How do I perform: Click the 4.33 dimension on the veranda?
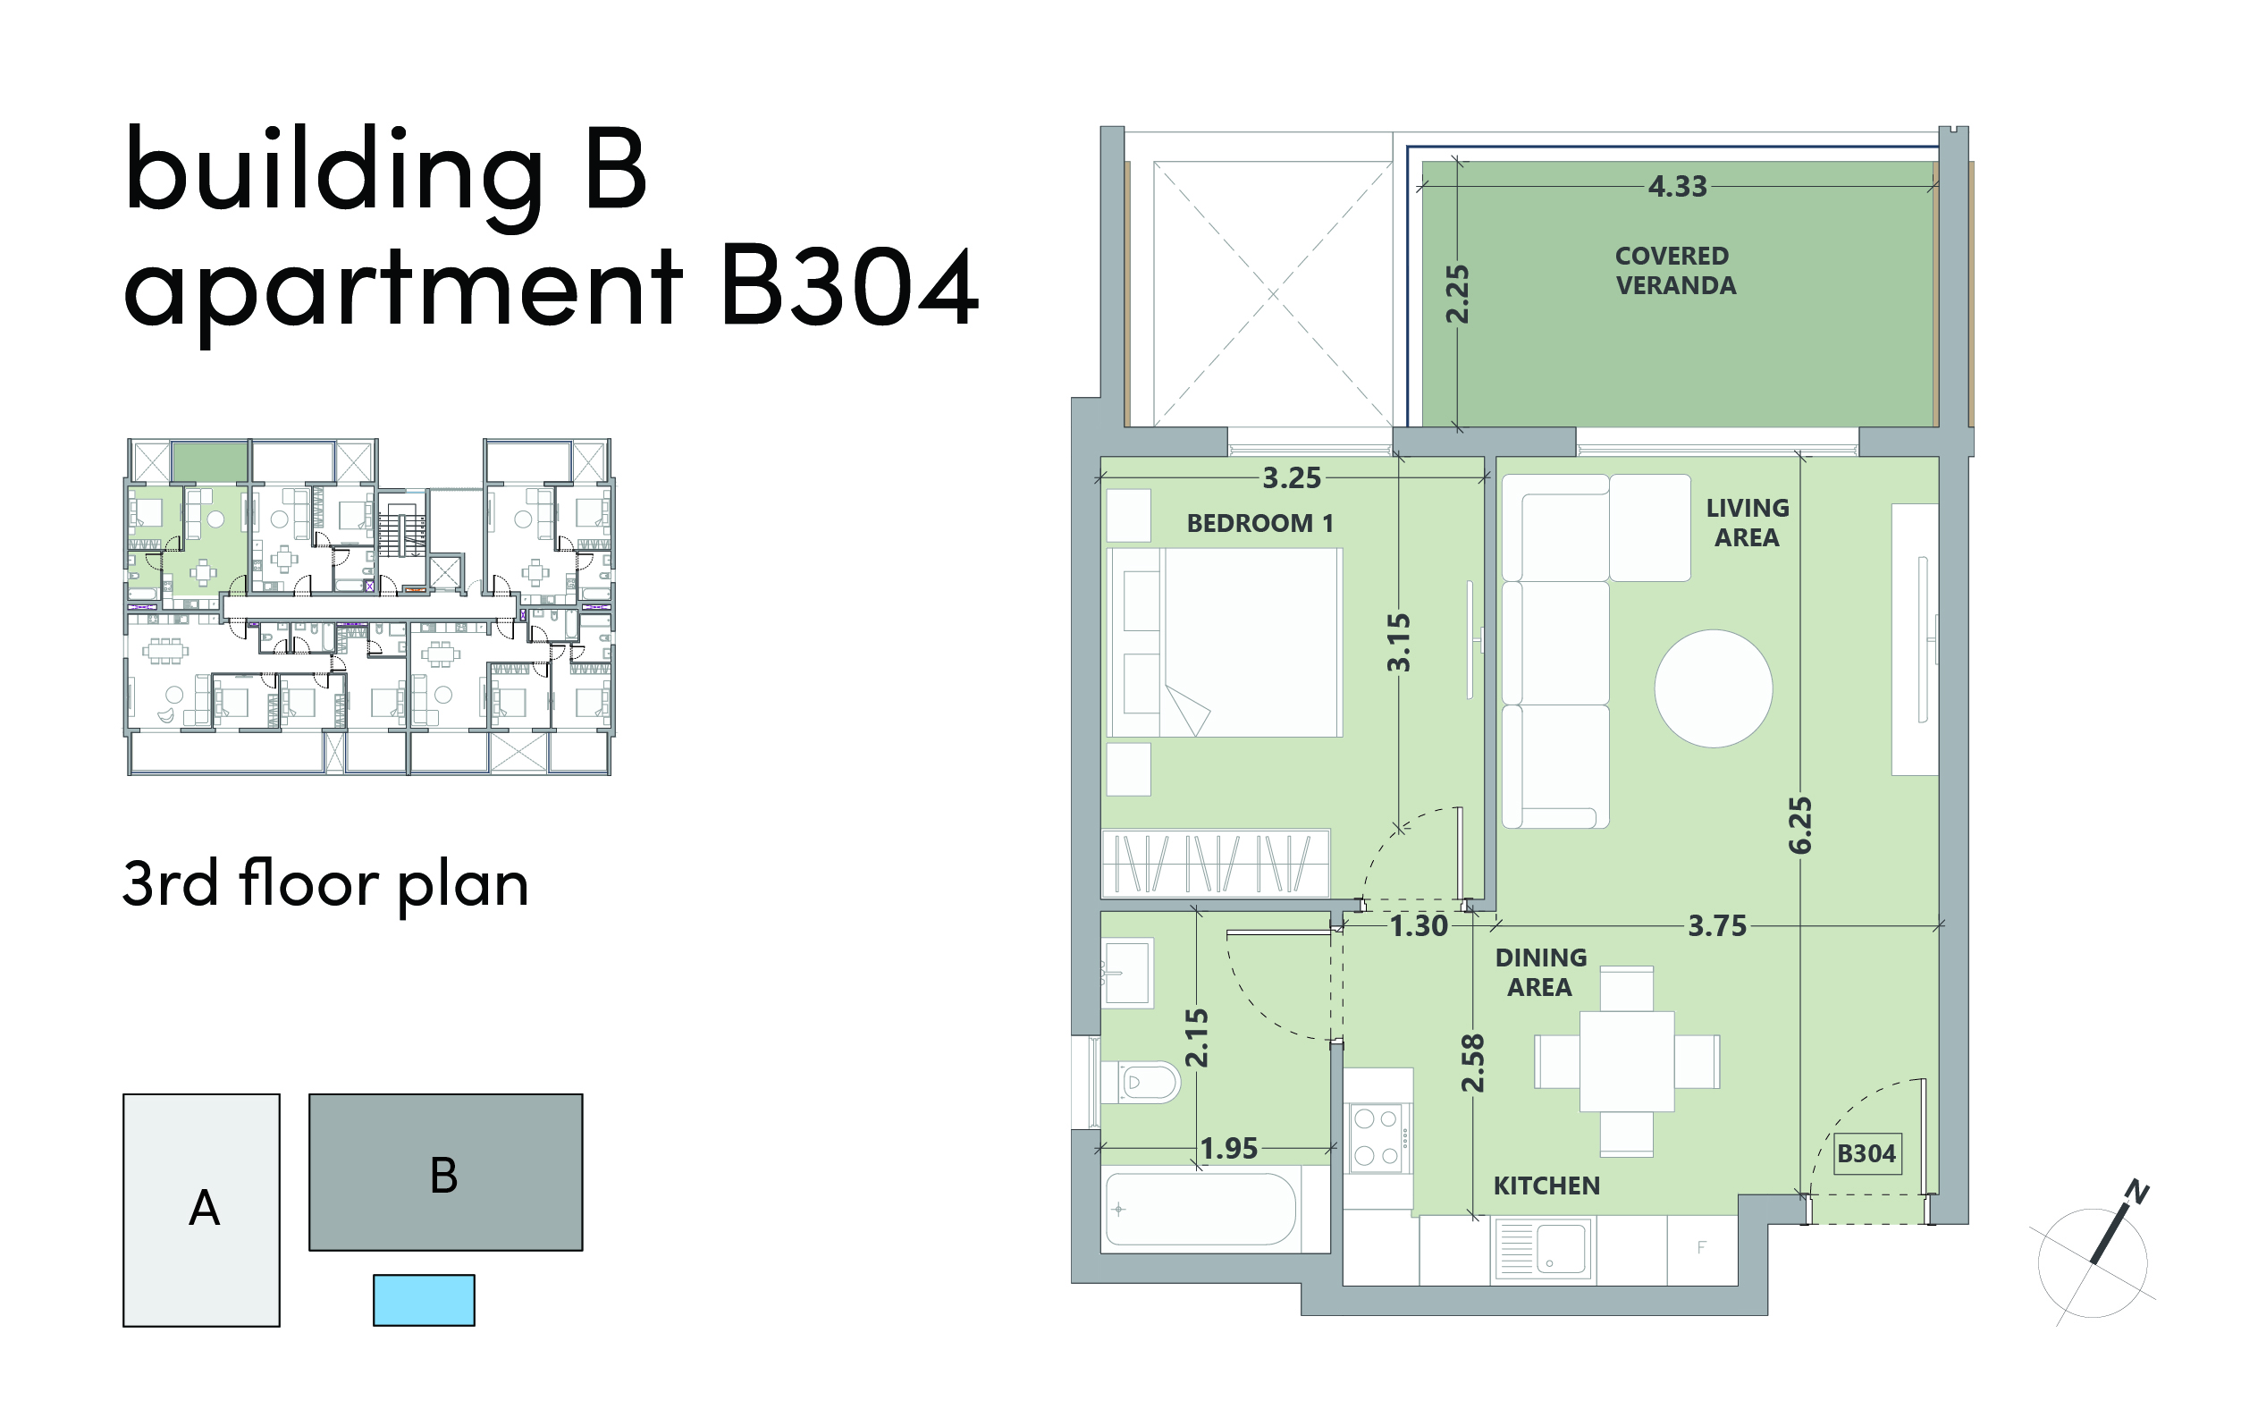pos(1677,187)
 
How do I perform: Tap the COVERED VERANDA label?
pos(1675,271)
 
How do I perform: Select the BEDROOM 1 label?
pos(1260,524)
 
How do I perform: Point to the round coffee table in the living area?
pos(1714,688)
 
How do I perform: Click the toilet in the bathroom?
pos(1141,1083)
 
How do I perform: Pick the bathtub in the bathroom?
pos(1201,1209)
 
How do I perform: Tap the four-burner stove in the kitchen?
pos(1378,1137)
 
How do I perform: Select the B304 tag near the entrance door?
pos(1866,1154)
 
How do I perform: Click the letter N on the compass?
pos(2137,1193)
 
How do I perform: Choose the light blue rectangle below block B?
pos(425,1300)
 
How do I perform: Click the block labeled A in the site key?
pos(202,1210)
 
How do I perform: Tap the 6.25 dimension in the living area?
pos(1800,824)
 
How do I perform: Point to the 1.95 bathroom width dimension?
pos(1228,1149)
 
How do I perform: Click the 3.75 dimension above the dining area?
pos(1717,926)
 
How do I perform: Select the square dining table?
pos(1627,1061)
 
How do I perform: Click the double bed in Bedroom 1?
pos(1225,643)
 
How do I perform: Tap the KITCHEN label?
pos(1546,1186)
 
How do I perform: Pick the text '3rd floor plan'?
pos(325,883)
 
